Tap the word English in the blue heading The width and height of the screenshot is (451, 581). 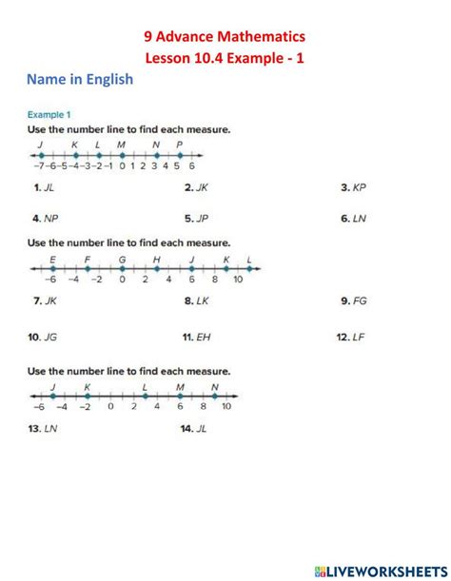[105, 80]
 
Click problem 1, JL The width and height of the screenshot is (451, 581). [44, 188]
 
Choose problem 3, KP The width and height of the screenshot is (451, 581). [353, 188]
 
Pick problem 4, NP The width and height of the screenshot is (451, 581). [45, 218]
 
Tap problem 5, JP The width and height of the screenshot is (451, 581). [197, 218]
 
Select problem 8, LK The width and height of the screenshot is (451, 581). [197, 300]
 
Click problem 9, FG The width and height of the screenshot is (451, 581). [353, 300]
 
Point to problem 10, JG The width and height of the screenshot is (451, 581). [43, 337]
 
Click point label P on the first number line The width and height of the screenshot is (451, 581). [180, 145]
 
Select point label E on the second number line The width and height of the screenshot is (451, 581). [52, 260]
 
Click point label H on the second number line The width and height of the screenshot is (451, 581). [156, 260]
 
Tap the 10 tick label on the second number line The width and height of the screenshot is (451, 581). [238, 280]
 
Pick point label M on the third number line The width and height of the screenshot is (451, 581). [180, 387]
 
